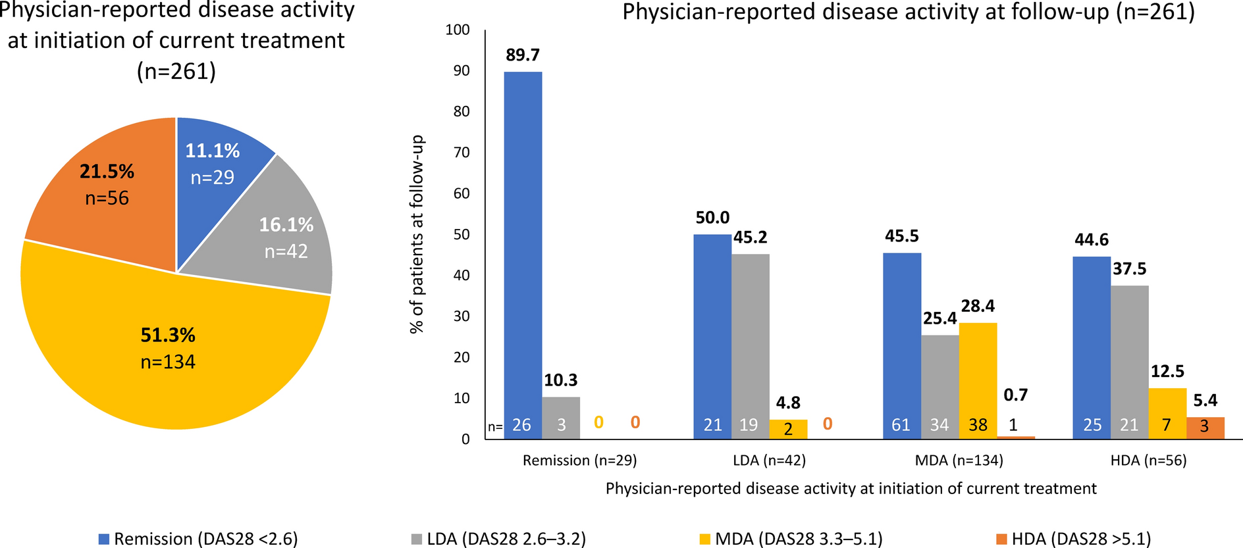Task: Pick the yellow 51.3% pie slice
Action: (x=168, y=349)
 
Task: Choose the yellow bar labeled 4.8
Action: (x=788, y=429)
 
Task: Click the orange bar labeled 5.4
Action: (x=1205, y=428)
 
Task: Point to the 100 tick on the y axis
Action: (x=458, y=30)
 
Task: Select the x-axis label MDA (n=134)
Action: (x=959, y=461)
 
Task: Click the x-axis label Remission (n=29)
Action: (x=579, y=461)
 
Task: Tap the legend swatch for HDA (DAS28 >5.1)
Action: (x=1001, y=539)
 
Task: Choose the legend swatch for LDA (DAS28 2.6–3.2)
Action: (x=417, y=539)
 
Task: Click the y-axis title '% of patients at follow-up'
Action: (x=417, y=234)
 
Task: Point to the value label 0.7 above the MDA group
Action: (x=1015, y=395)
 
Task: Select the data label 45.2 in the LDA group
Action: (x=751, y=237)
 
